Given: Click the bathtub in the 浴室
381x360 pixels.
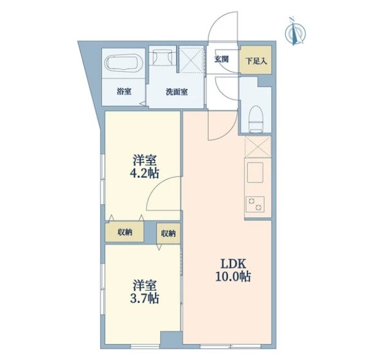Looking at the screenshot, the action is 123,63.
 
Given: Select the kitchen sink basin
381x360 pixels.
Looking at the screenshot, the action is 255,172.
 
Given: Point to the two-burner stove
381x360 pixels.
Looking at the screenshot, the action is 255,204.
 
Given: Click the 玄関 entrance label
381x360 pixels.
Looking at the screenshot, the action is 221,59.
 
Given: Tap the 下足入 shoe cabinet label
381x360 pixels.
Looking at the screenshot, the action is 256,61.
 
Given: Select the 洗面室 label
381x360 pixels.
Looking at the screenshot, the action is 177,92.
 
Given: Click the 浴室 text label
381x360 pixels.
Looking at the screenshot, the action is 124,91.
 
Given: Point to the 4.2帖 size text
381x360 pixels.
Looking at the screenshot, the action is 145,174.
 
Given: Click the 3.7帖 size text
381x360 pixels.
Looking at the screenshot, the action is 145,298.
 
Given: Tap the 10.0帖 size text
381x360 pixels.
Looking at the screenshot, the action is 233,276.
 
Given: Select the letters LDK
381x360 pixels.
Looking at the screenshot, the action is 233,263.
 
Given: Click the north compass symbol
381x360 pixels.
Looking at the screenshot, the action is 295,31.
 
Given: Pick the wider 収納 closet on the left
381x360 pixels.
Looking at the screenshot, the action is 125,232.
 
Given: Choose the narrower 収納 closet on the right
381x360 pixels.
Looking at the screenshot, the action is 168,234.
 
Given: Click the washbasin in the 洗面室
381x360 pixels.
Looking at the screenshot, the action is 163,58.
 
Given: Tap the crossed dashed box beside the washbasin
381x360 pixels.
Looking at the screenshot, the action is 191,59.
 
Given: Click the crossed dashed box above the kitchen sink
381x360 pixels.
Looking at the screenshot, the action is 258,147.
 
